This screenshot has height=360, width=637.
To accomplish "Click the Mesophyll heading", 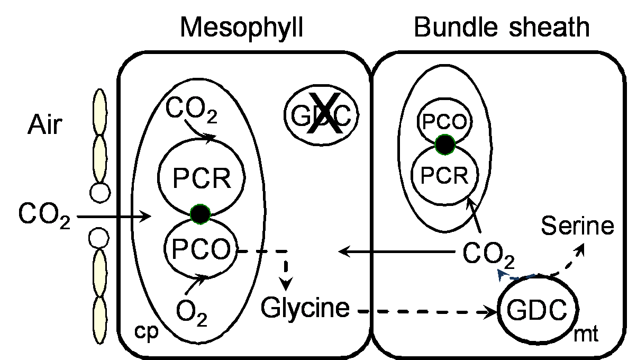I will tap(242, 27).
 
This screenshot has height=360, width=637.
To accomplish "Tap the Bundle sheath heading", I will tap(501, 27).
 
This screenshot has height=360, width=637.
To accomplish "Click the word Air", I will tap(44, 127).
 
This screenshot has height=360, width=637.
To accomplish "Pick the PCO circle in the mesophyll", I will tap(200, 248).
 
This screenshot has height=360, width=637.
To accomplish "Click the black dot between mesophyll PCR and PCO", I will tap(200, 214).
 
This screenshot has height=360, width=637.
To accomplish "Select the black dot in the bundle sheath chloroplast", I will tap(445, 144).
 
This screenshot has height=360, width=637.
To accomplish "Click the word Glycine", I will tap(306, 308).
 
